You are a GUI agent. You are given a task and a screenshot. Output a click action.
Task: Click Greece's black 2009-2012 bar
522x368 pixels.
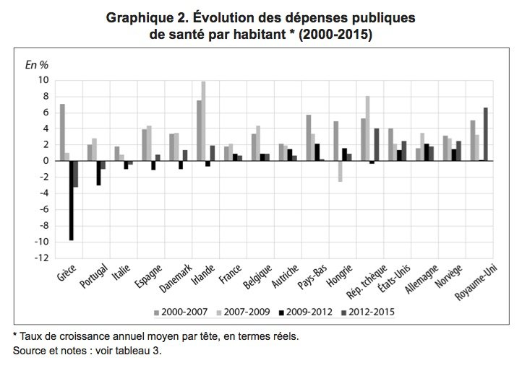(72, 200)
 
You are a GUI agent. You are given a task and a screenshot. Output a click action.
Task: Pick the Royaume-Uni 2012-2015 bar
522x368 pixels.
(487, 134)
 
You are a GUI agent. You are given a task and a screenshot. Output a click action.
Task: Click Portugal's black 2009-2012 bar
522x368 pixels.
(98, 172)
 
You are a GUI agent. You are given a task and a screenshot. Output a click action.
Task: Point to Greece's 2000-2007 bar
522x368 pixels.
(62, 132)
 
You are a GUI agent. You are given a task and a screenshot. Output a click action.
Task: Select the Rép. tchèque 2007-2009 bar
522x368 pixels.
(368, 128)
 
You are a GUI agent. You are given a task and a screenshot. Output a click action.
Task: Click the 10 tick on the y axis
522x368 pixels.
(43, 80)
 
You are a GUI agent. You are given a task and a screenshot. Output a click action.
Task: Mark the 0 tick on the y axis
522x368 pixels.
(46, 161)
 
